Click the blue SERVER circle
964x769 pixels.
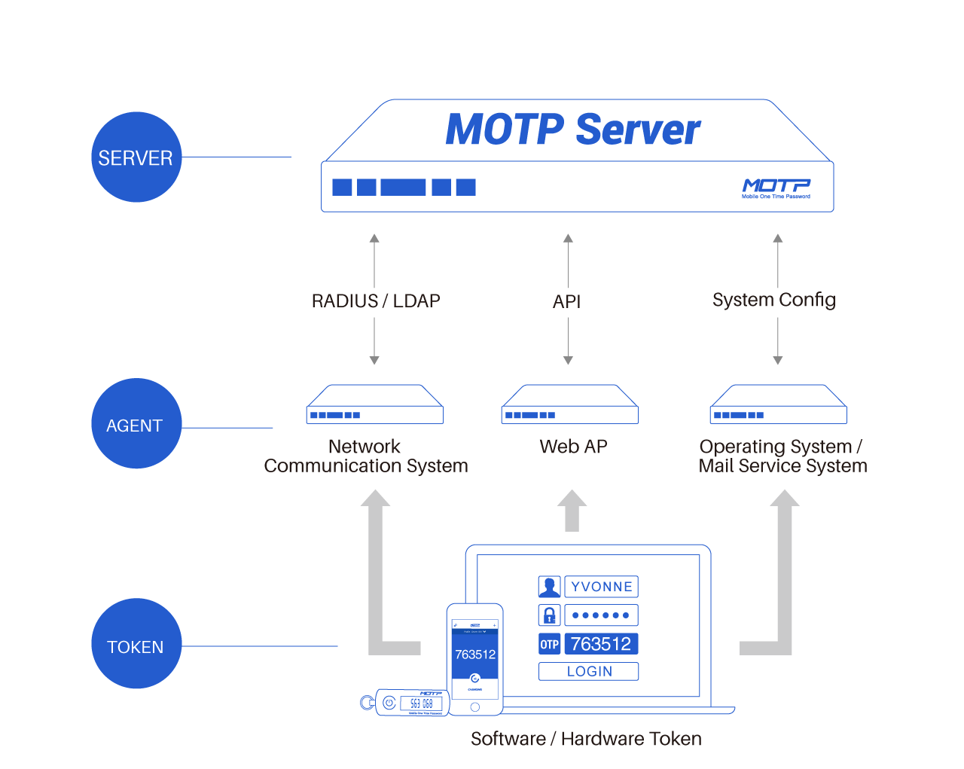pyautogui.click(x=136, y=157)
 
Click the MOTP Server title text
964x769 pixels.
pyautogui.click(x=572, y=130)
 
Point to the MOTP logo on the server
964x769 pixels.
pyautogui.click(x=776, y=187)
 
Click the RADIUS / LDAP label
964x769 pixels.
pyautogui.click(x=375, y=301)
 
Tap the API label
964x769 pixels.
pyautogui.click(x=567, y=301)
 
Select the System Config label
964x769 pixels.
pyautogui.click(x=773, y=300)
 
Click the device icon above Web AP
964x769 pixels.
pyautogui.click(x=569, y=404)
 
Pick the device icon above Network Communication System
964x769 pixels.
pyautogui.click(x=374, y=404)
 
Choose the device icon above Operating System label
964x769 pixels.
pyautogui.click(x=778, y=404)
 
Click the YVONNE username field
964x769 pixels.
pyautogui.click(x=601, y=587)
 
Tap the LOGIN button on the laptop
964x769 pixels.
pyautogui.click(x=589, y=671)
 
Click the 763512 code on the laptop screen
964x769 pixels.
pyautogui.click(x=600, y=644)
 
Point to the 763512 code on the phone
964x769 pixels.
pyautogui.click(x=475, y=655)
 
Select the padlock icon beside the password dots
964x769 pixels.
pyautogui.click(x=549, y=615)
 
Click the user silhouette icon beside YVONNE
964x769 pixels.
pyautogui.click(x=549, y=587)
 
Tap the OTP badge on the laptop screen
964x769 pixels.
pyautogui.click(x=549, y=644)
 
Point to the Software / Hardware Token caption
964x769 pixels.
pyautogui.click(x=586, y=739)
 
